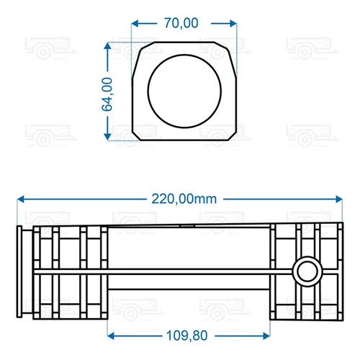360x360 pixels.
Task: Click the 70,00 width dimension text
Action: (x=181, y=23)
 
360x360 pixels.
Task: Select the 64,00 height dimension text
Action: (x=107, y=94)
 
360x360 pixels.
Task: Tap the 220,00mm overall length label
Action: (x=184, y=199)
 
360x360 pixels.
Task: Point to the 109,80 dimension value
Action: (x=186, y=336)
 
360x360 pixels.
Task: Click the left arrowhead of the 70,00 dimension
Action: (x=135, y=24)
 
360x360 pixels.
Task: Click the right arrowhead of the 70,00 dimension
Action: (x=233, y=24)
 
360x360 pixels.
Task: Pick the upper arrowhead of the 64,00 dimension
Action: (x=107, y=46)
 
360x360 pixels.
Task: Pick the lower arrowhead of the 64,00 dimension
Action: (x=107, y=136)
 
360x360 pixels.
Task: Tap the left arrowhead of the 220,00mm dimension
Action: (x=21, y=199)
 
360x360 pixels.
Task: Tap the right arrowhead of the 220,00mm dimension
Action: (x=339, y=199)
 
